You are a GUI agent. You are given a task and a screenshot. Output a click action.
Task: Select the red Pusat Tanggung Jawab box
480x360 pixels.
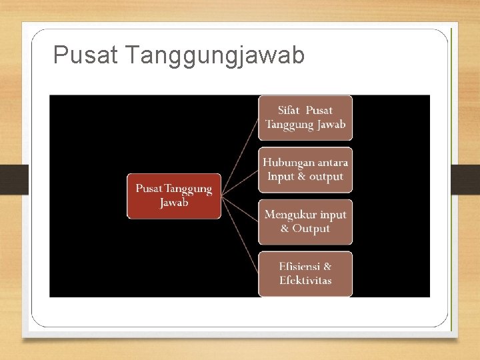(x=174, y=196)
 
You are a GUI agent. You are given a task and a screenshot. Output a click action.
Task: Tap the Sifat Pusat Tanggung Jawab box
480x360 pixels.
(x=305, y=117)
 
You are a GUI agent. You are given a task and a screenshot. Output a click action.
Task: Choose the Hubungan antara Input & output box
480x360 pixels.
(x=305, y=169)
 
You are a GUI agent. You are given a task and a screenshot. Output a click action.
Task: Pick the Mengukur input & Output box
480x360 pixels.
(x=305, y=221)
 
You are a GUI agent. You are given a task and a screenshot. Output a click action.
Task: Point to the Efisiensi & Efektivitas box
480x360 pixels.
(x=305, y=273)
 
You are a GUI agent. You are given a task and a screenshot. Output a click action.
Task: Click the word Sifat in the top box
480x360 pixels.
(x=289, y=111)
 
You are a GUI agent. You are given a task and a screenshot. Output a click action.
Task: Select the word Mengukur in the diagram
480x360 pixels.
(x=291, y=215)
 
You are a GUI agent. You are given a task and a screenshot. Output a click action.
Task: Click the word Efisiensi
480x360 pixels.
(x=300, y=267)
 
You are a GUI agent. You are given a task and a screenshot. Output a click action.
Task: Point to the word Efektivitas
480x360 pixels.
(x=305, y=281)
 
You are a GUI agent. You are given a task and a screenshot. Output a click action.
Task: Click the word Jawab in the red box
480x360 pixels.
(x=174, y=203)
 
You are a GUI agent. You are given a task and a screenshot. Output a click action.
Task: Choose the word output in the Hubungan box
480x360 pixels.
(x=327, y=177)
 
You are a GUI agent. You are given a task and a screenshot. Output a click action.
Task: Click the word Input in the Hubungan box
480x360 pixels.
(x=280, y=177)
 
